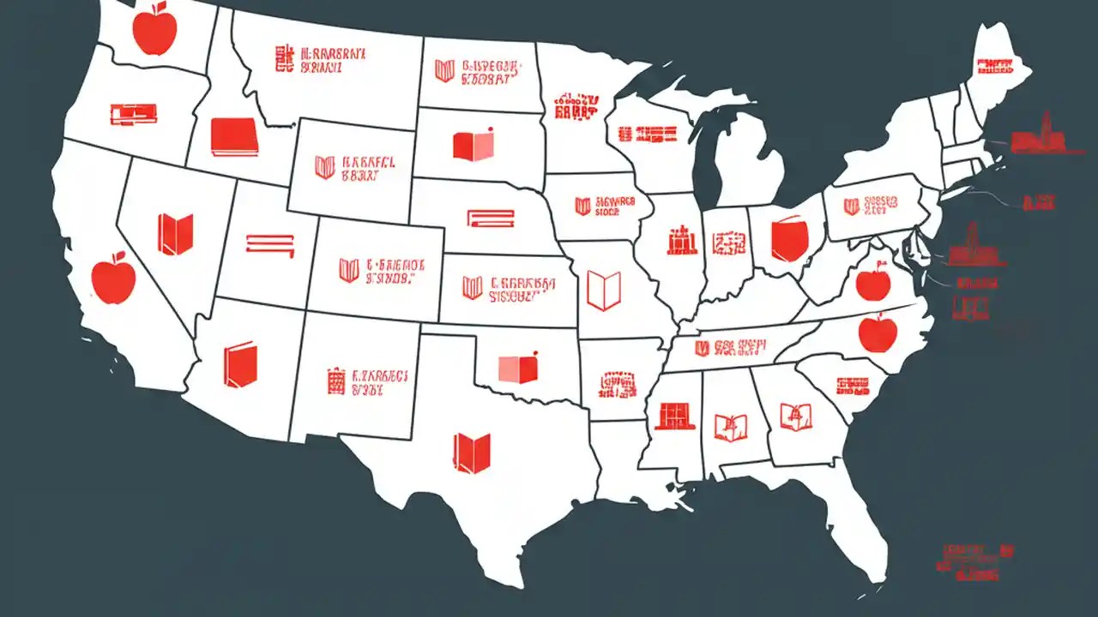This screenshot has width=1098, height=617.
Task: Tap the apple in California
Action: click(x=114, y=279)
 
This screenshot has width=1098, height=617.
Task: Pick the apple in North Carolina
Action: click(x=877, y=332)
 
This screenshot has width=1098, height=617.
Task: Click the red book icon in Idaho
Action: click(x=234, y=137)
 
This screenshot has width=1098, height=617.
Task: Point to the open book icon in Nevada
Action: click(x=175, y=234)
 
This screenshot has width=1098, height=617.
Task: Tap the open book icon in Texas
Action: click(x=472, y=452)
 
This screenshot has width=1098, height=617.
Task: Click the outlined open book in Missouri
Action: click(x=603, y=290)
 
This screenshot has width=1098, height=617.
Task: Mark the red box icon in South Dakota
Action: click(x=474, y=145)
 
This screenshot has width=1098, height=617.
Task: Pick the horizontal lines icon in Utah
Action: click(x=270, y=244)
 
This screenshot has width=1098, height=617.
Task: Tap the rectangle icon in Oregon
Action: click(x=134, y=112)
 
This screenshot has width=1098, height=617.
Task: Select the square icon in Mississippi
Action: click(x=674, y=416)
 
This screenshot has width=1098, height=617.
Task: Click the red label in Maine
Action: click(x=999, y=67)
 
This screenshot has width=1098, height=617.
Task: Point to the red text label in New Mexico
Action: click(x=368, y=382)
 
